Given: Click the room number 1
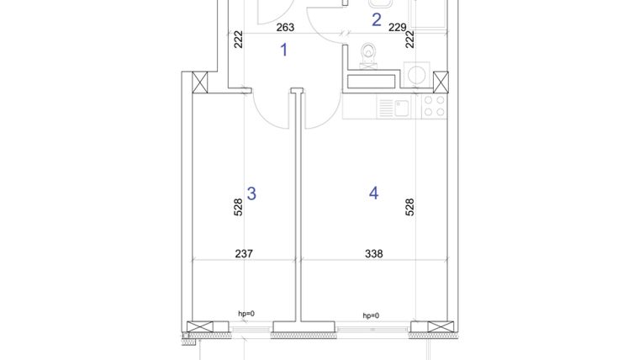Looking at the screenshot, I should (x=283, y=50).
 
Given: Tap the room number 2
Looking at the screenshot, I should (x=376, y=19).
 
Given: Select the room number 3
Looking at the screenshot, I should (x=251, y=193).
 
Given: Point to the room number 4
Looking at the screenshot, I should (x=373, y=193).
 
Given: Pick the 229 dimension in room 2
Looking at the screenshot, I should (x=398, y=27).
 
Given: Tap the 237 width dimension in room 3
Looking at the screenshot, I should (x=243, y=253).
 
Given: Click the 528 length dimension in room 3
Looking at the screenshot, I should (x=238, y=207).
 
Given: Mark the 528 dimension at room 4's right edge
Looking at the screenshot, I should (x=410, y=207).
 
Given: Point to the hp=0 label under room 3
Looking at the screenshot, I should (x=246, y=314).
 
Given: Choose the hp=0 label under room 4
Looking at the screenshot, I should (x=371, y=315).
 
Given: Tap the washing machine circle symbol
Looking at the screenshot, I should (x=415, y=73).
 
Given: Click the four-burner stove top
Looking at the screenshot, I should (x=433, y=107).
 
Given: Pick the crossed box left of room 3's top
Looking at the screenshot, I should (x=201, y=82).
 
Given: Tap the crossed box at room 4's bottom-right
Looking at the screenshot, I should (x=438, y=329).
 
